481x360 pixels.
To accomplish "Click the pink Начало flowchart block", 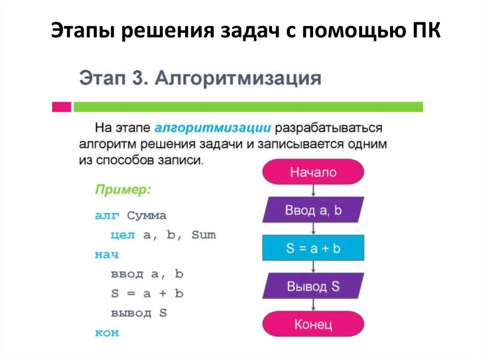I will pyautogui.click(x=313, y=172).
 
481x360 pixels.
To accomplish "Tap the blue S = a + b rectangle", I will pyautogui.click(x=313, y=248).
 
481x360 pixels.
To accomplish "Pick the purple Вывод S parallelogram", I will pyautogui.click(x=313, y=286).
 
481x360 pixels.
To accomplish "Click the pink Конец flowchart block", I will pyautogui.click(x=313, y=324).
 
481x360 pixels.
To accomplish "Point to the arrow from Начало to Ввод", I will pyautogui.click(x=313, y=191).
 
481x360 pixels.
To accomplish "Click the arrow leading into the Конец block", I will pyautogui.click(x=313, y=305).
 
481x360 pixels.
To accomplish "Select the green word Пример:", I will pyautogui.click(x=123, y=191).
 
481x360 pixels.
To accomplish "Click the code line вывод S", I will pyautogui.click(x=139, y=313).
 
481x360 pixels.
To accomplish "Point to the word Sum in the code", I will pyautogui.click(x=203, y=235).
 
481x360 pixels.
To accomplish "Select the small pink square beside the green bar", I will pyautogui.click(x=62, y=107).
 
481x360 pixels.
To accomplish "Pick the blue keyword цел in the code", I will pyautogui.click(x=124, y=235).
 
